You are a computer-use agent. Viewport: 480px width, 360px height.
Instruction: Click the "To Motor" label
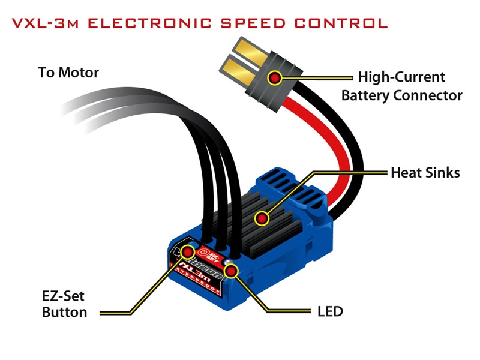68,73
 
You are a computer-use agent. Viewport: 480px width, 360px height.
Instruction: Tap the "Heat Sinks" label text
425,173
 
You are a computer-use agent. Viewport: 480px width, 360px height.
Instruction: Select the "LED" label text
330,311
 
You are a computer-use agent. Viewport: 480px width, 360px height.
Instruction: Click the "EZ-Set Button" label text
65,304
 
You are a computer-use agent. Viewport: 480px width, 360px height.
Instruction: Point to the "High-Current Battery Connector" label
401,86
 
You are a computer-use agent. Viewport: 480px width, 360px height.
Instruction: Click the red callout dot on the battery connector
275,78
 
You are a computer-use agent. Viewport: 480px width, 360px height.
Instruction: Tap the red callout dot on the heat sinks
262,218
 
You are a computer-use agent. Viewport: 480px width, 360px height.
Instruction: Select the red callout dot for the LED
231,271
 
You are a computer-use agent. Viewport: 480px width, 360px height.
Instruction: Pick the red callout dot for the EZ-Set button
188,251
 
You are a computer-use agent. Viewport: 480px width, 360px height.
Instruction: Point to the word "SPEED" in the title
253,23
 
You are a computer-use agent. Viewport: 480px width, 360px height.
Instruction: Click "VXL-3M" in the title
46,23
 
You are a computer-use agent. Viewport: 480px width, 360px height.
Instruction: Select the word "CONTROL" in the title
341,23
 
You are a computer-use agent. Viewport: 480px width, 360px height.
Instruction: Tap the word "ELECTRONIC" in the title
149,23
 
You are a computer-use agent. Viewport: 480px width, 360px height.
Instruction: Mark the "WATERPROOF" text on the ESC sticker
196,280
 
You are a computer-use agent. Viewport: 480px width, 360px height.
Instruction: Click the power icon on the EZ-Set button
203,253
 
